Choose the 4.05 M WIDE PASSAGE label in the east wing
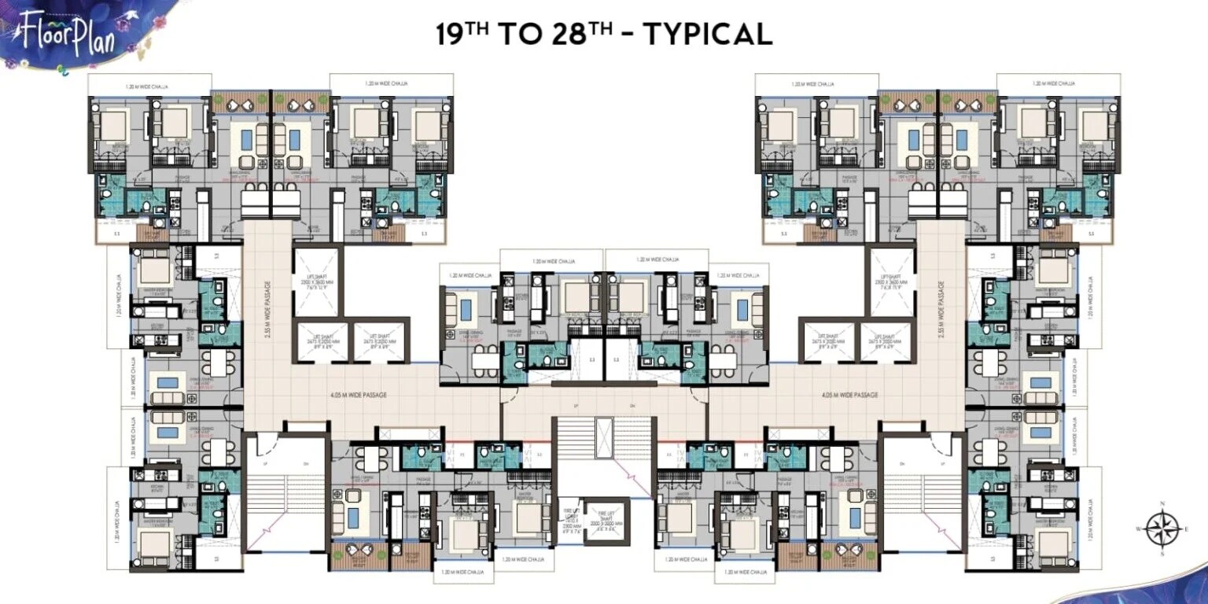(849, 395)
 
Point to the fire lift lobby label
(571, 520)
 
